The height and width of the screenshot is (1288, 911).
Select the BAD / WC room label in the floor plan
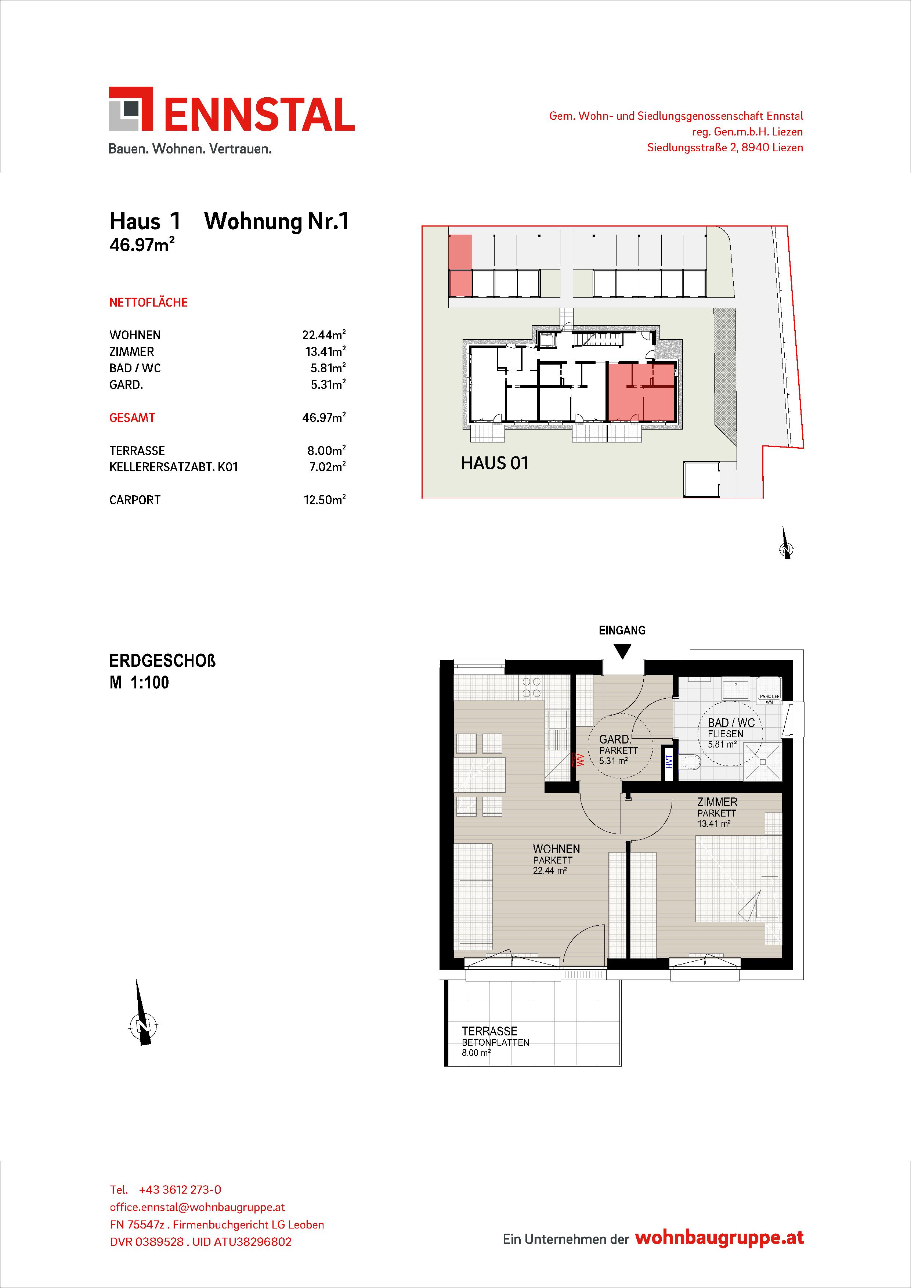(731, 723)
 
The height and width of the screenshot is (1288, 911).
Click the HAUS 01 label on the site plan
(495, 463)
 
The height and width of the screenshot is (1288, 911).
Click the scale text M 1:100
(140, 683)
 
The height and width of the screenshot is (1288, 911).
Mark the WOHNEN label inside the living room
(556, 849)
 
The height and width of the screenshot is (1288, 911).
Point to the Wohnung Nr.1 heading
(276, 222)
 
